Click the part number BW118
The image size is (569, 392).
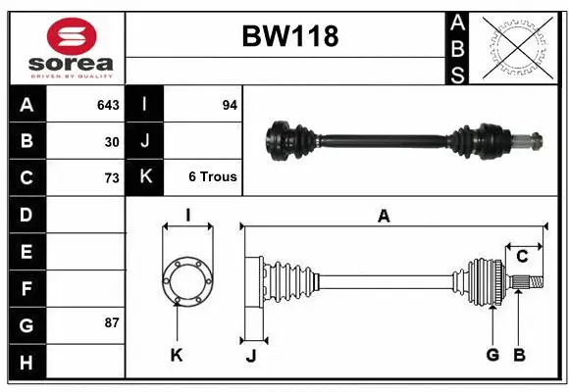point(289,37)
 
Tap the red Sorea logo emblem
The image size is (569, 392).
point(72,37)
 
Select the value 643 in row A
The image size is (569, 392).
point(108,104)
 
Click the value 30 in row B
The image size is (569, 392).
point(112,141)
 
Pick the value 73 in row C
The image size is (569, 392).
point(112,178)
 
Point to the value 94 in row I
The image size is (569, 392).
point(230,104)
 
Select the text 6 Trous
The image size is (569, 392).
point(213,177)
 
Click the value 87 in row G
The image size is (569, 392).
point(112,321)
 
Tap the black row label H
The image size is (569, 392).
point(26,363)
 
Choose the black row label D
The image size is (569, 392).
point(26,214)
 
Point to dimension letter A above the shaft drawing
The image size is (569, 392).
point(384,217)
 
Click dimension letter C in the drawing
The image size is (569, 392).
point(523,257)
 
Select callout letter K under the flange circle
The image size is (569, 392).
point(177,355)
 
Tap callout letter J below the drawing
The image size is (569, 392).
point(251,355)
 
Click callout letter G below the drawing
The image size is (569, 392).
point(492,355)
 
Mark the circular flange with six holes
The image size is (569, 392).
point(186,280)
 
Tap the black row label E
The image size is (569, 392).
point(26,252)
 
